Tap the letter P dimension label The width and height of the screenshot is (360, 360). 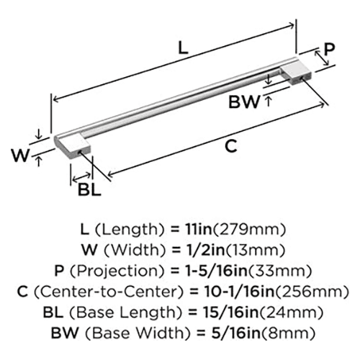pos(329,49)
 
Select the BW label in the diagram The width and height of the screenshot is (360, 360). pos(244,102)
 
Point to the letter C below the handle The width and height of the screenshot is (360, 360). pos(232,146)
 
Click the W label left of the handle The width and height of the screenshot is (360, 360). pos(20,156)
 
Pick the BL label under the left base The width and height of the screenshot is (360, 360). pos(89,190)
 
